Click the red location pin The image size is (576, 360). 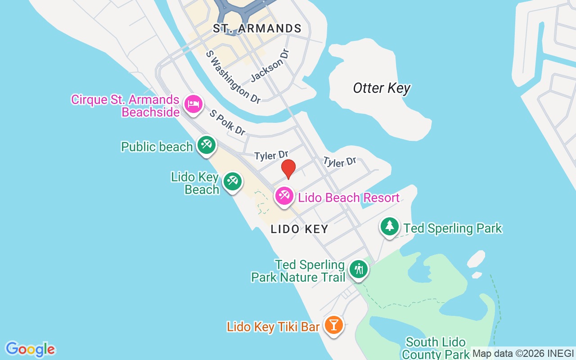[288, 169]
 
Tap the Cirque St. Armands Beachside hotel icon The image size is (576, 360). [193, 104]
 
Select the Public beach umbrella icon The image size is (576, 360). [206, 145]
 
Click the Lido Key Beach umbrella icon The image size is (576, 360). [232, 181]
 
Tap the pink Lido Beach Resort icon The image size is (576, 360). [284, 196]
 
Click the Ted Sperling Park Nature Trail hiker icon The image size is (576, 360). [359, 269]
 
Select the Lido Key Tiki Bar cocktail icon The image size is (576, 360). [333, 324]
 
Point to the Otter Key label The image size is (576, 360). [382, 88]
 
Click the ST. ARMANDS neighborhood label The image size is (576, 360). [257, 29]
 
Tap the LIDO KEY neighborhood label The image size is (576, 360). [300, 229]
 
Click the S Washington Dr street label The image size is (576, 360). [233, 77]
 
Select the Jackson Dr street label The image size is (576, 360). [269, 65]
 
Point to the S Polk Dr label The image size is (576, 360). [228, 122]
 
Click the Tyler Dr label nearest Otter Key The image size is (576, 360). [339, 162]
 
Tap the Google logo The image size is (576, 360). [30, 349]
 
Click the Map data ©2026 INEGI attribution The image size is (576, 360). [523, 354]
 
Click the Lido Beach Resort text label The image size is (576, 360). [349, 198]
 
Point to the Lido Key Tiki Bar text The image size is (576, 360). [273, 326]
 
